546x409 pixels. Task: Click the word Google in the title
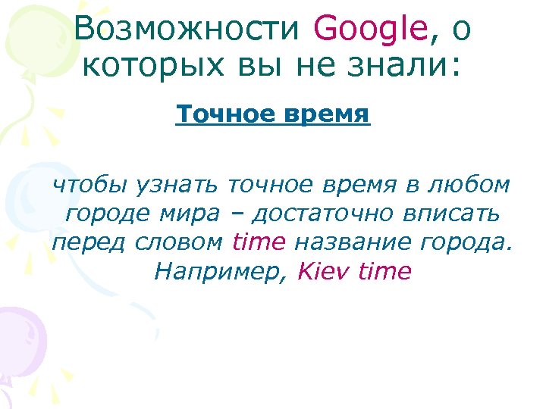(x=371, y=30)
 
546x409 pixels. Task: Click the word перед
(x=89, y=242)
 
